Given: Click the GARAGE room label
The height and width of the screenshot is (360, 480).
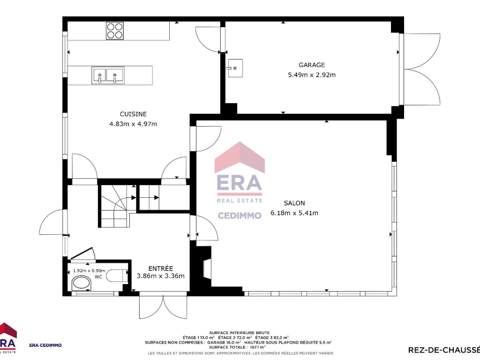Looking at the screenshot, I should point(312,65).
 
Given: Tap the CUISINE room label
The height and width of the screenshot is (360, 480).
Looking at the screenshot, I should point(133,114).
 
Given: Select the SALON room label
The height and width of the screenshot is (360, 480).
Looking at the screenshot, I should point(294,203).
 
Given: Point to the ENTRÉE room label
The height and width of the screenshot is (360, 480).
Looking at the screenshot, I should point(161,269).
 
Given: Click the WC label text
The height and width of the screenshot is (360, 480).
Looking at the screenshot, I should point(98,277).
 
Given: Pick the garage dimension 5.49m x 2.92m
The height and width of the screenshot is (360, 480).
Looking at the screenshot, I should point(312,75).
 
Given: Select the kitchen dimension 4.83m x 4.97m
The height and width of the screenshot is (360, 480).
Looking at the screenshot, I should point(133,124).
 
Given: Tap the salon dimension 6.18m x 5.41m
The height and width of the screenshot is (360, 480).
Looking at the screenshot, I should point(294,213).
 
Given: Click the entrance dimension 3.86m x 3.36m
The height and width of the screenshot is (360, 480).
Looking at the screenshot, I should point(161,276).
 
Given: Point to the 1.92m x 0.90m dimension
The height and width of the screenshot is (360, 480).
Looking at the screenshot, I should point(89,271).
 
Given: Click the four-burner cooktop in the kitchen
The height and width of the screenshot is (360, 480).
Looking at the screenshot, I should point(115,31).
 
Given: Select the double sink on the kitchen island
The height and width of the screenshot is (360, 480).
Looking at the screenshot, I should point(108,75).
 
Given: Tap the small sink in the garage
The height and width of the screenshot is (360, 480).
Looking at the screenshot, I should point(235,68).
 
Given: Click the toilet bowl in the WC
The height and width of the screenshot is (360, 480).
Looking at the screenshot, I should point(81,283).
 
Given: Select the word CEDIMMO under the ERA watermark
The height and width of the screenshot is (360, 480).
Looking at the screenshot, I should point(240,215).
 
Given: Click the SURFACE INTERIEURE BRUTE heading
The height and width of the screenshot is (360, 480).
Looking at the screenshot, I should point(240,332).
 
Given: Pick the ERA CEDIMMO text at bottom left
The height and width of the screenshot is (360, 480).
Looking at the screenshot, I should point(45,345).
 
